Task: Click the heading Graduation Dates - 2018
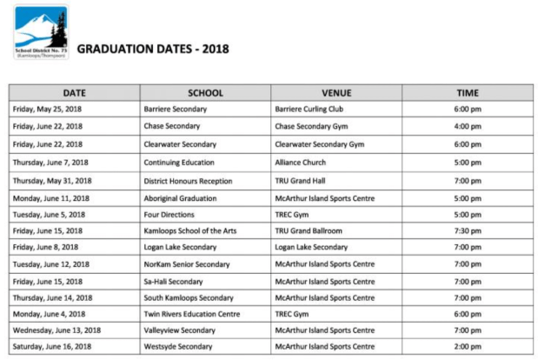click(153, 49)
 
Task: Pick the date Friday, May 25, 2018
click(47, 110)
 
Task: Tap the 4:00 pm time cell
click(468, 127)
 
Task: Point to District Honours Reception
click(188, 180)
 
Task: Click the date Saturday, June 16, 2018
click(52, 347)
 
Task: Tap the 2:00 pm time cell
click(468, 347)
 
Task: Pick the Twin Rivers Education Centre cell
click(191, 313)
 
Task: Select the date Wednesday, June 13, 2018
click(56, 330)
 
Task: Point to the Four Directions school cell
click(169, 213)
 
